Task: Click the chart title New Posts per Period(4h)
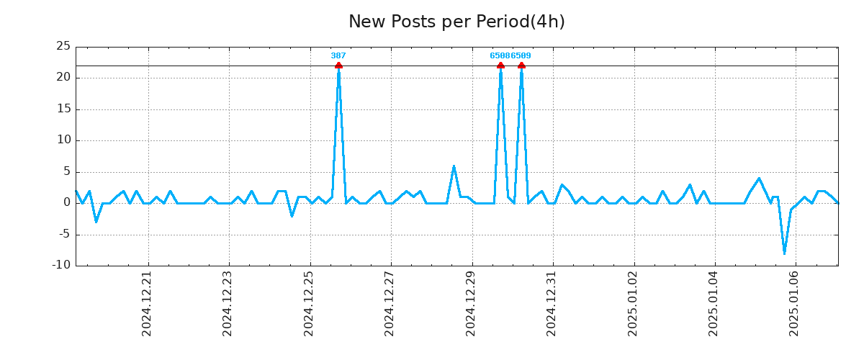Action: click(x=456, y=22)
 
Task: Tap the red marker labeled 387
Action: click(x=338, y=66)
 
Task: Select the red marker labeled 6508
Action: click(x=500, y=66)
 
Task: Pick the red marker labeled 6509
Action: click(x=521, y=66)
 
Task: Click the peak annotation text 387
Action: click(x=338, y=55)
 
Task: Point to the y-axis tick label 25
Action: click(x=63, y=47)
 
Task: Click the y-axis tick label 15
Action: click(x=63, y=109)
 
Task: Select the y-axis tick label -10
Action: click(x=62, y=265)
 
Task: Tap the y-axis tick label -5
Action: click(x=64, y=234)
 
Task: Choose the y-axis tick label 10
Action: click(x=63, y=140)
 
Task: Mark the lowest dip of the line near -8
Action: click(x=784, y=253)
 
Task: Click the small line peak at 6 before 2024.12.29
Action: click(x=454, y=166)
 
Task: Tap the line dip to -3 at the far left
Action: click(x=96, y=221)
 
